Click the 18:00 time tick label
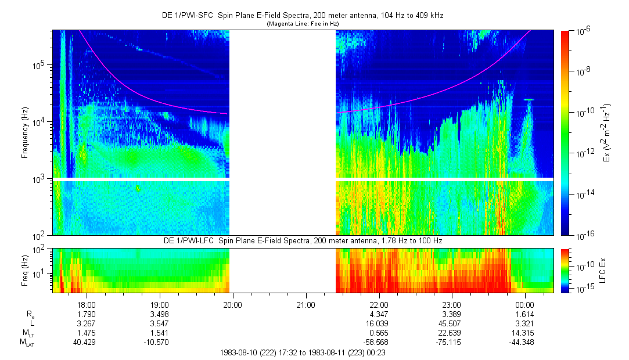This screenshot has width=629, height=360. tap(87, 304)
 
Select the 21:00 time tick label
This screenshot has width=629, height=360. tap(305, 304)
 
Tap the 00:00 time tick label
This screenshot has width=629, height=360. tap(524, 304)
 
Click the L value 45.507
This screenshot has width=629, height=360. tap(451, 323)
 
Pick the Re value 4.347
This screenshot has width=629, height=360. tap(379, 314)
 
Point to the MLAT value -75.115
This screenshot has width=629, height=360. tap(451, 343)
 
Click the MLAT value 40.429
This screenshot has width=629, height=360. tap(87, 343)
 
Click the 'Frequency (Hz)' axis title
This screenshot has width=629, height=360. tap(26, 132)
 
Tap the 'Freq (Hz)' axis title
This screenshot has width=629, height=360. tap(26, 270)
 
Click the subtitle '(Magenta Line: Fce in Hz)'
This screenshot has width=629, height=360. tap(303, 24)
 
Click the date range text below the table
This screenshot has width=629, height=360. tap(303, 352)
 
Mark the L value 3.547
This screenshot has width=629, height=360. tap(159, 323)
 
